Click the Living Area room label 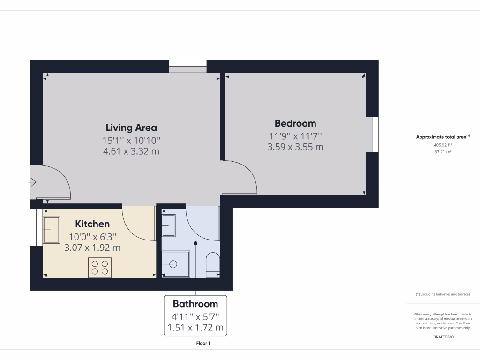[131, 127]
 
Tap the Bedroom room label [295, 123]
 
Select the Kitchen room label [92, 224]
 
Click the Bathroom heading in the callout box [195, 304]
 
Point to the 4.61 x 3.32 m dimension [131, 151]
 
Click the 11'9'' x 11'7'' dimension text [295, 136]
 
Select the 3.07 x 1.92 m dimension [92, 247]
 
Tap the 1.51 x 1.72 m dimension [195, 327]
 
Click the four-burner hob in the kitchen [100, 267]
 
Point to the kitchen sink [52, 229]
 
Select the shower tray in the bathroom [176, 264]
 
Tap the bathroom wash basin [169, 225]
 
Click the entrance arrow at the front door [33, 182]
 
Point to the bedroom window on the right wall [372, 135]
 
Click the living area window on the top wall [187, 67]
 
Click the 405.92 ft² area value [442, 145]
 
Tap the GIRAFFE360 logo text [442, 337]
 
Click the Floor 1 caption [203, 344]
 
